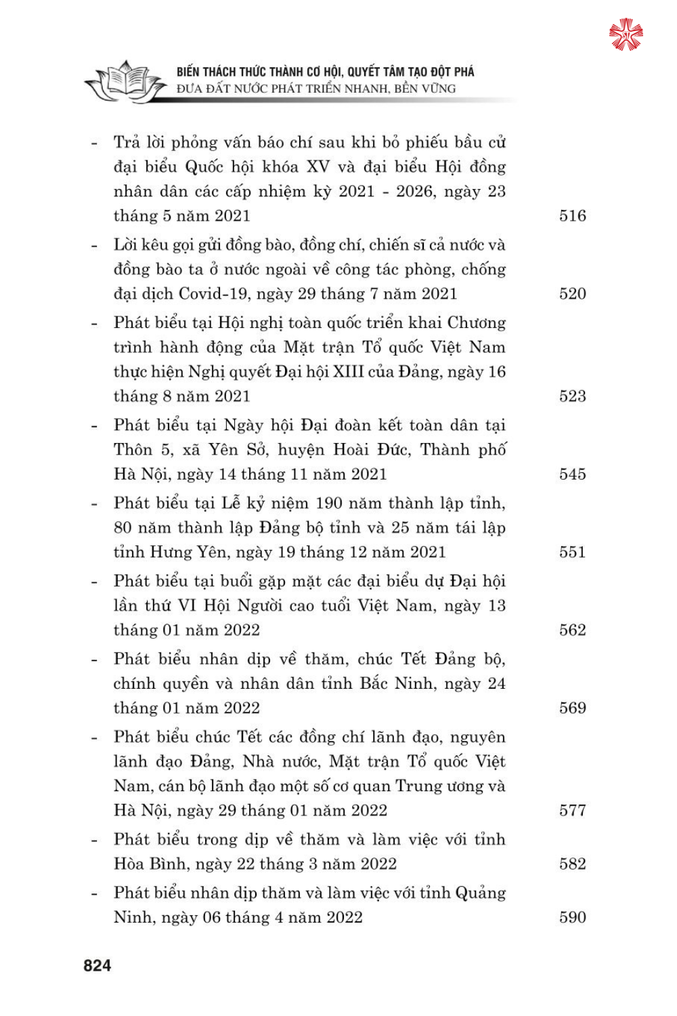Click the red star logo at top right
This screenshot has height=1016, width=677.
pos(626,35)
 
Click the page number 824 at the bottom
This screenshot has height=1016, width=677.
pos(97,966)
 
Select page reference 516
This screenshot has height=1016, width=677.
pos(572,216)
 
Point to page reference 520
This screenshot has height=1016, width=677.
pos(572,294)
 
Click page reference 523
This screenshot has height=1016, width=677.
pos(572,396)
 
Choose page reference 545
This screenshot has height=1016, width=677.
pos(572,474)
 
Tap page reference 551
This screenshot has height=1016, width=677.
pos(572,552)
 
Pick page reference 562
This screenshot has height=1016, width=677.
pos(572,630)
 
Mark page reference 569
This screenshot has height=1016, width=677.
pos(572,708)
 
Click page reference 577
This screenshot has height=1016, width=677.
pos(572,810)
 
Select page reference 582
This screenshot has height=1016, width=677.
pos(572,864)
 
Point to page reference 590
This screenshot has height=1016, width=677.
pos(572,917)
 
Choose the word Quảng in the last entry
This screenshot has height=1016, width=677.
pos(480,893)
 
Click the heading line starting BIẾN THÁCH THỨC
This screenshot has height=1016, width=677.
pos(325,72)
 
